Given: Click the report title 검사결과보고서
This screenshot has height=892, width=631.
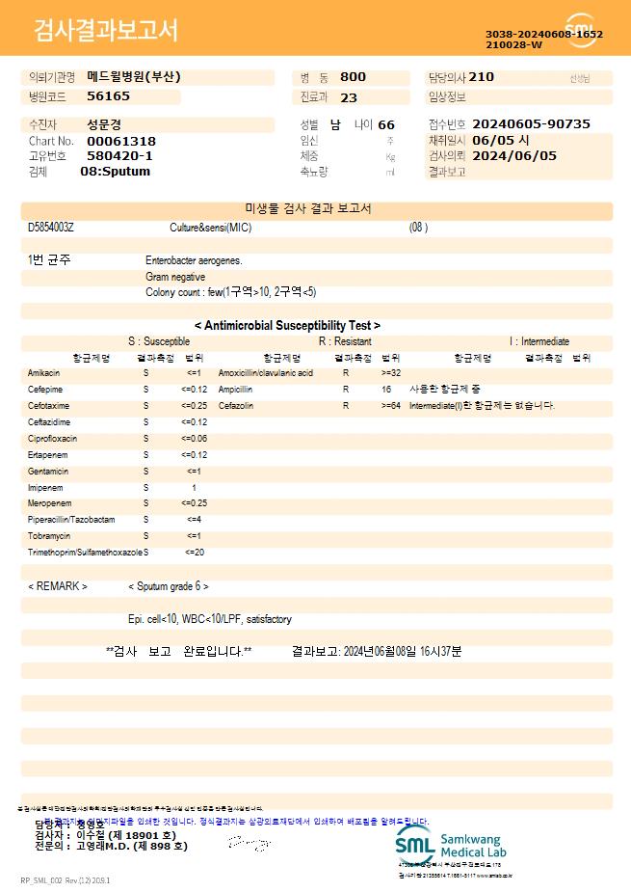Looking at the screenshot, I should (x=106, y=31).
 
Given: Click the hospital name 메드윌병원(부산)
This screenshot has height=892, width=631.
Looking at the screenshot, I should (x=133, y=77).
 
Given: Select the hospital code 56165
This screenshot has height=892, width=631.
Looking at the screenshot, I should (x=108, y=96).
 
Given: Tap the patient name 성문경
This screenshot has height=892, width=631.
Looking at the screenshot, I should (x=104, y=125).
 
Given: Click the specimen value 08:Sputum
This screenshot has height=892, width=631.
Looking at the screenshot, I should (x=115, y=172).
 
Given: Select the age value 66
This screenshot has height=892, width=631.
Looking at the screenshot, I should (x=386, y=125).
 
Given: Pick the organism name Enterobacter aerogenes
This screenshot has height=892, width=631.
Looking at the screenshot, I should (x=194, y=260).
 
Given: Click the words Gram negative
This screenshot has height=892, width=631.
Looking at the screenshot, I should (x=175, y=277).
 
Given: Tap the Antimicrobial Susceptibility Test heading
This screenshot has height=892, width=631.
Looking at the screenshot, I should (x=287, y=326).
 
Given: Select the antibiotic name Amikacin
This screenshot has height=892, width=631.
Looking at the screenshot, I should (x=43, y=372).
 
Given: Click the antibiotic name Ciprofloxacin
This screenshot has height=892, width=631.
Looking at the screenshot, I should (x=52, y=439).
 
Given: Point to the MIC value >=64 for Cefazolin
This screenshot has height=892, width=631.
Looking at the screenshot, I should (x=390, y=406).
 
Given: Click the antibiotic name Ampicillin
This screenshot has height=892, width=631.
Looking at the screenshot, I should (x=235, y=390).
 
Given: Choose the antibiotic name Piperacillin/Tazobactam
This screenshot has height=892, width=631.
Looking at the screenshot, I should (x=70, y=520).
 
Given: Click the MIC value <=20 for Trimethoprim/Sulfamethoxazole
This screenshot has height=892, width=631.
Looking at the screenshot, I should (x=194, y=553).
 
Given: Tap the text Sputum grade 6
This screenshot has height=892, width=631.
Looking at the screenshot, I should (x=169, y=586).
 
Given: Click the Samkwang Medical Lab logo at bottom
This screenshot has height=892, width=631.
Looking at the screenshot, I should (x=450, y=845).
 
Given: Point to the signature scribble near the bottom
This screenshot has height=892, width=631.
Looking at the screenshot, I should (x=246, y=843).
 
